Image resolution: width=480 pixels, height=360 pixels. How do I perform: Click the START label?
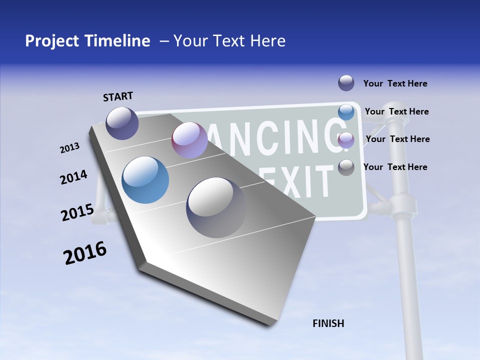click(118, 96)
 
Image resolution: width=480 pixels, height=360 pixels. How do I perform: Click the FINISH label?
click(328, 323)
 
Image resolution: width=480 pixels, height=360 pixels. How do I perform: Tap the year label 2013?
click(70, 148)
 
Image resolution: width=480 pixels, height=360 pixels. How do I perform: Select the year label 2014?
click(73, 177)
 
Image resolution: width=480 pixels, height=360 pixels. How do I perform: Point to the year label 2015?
click(77, 212)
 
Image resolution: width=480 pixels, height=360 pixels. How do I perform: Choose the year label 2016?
click(85, 253)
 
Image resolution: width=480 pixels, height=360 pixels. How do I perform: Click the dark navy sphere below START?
click(122, 123)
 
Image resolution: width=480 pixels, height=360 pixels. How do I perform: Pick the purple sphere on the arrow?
click(189, 140)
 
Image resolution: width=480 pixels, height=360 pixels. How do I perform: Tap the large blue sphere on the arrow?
click(145, 180)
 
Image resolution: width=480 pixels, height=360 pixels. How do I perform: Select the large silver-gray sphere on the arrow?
click(216, 207)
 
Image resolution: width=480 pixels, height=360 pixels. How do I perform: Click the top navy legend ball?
click(346, 83)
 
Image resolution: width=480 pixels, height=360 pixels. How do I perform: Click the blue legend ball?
click(346, 112)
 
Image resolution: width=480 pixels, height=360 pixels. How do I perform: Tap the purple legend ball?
click(346, 140)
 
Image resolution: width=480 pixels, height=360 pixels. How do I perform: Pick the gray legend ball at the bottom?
click(346, 168)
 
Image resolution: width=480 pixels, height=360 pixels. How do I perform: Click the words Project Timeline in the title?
click(87, 41)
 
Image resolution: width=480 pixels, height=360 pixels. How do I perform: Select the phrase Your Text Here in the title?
click(229, 41)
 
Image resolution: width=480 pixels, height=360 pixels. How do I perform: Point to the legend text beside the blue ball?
click(396, 111)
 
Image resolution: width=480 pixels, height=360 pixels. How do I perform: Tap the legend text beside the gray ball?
click(395, 167)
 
